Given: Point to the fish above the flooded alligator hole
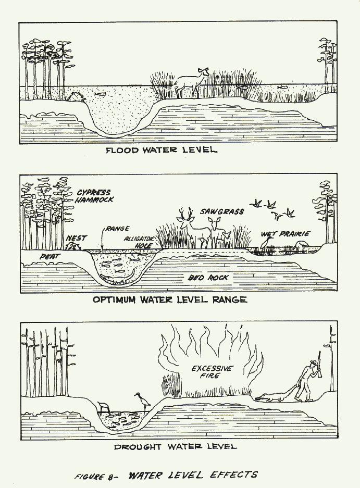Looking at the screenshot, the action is [x=101, y=95].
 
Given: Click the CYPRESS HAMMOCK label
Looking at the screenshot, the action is [x=94, y=195].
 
